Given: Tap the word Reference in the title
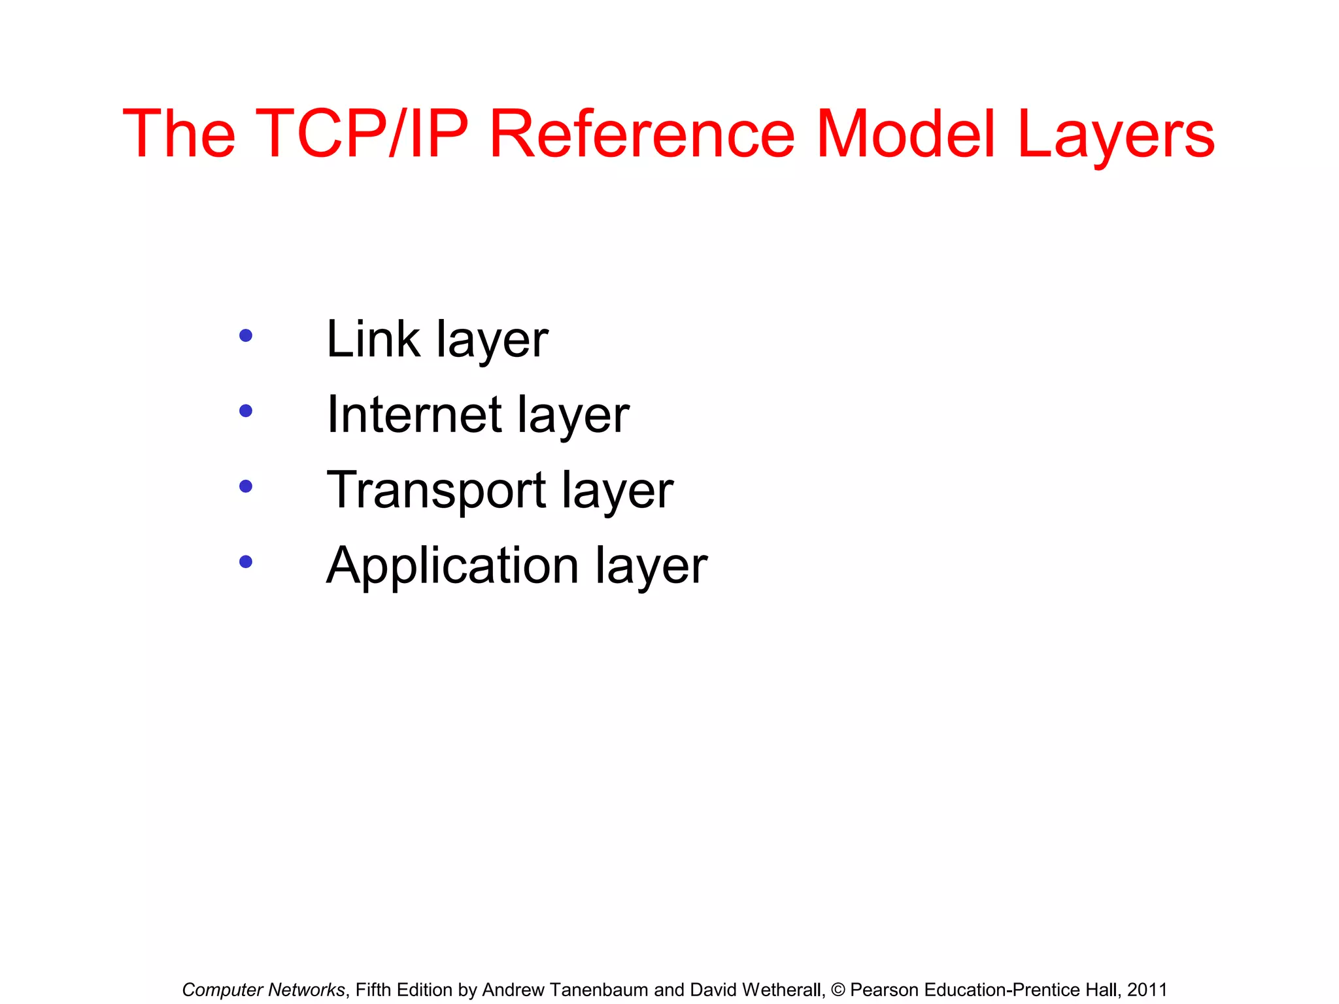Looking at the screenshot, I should [x=642, y=133].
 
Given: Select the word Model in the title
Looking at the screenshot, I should [x=906, y=133].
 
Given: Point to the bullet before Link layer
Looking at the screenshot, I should [x=246, y=336].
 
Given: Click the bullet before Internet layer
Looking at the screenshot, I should [x=246, y=411].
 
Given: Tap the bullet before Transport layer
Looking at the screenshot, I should [x=246, y=486].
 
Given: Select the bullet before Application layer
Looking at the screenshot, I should [x=246, y=561].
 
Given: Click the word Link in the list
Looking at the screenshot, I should [x=373, y=339].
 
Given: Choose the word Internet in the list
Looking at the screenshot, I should [x=414, y=414].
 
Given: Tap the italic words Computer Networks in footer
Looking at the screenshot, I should [x=263, y=990].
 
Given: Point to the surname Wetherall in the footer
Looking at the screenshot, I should [x=777, y=990].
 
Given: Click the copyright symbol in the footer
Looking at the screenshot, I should [x=838, y=990].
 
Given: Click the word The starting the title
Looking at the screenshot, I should [x=178, y=133].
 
